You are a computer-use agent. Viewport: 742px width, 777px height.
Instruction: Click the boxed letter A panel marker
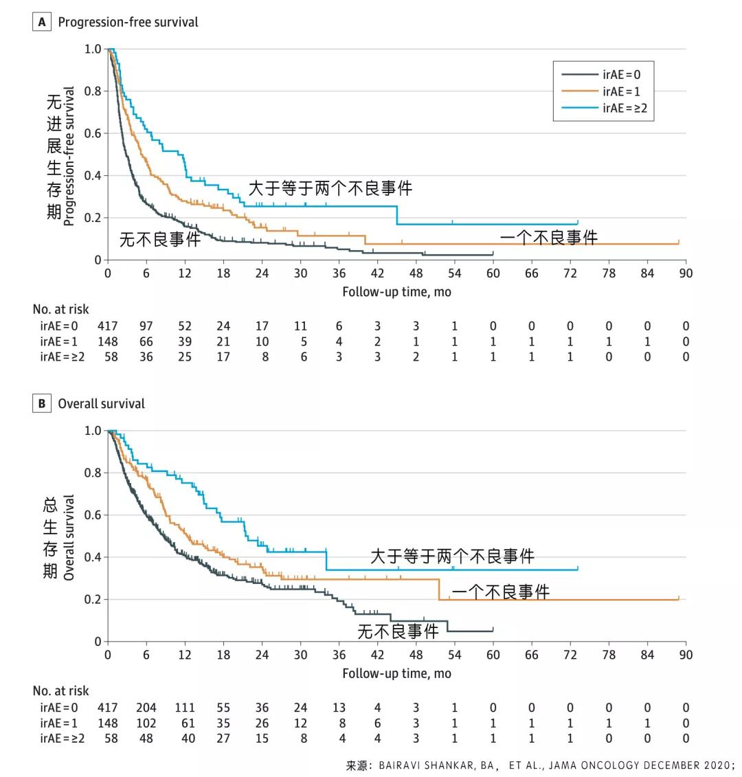pos(42,23)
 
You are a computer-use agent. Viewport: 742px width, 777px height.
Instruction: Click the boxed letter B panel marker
pos(42,404)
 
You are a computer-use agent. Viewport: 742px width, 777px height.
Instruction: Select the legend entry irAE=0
pos(621,75)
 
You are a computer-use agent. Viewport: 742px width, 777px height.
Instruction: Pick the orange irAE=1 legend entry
pos(621,91)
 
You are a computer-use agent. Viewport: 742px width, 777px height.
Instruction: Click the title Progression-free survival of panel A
pos(128,23)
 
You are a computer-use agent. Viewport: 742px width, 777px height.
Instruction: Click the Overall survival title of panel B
pos(101,404)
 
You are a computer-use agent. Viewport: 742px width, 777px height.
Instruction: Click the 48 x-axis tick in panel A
pos(416,273)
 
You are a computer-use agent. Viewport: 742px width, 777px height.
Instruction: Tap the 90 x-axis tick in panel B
pos(686,655)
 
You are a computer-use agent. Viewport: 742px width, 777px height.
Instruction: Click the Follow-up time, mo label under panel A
pos(396,292)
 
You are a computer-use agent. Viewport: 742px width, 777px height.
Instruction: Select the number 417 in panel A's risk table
pos(108,326)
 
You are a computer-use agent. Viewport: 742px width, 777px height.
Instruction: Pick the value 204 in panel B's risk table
pos(146,708)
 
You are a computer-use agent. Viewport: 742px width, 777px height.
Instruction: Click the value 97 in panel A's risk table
pos(146,326)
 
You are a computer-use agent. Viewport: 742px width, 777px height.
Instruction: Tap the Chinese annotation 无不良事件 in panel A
pos(160,239)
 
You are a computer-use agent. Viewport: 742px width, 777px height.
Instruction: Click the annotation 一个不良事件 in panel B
pos(500,592)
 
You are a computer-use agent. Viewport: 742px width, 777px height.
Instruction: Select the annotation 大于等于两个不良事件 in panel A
pos(330,188)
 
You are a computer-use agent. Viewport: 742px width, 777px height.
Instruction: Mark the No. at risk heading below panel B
pos(60,691)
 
